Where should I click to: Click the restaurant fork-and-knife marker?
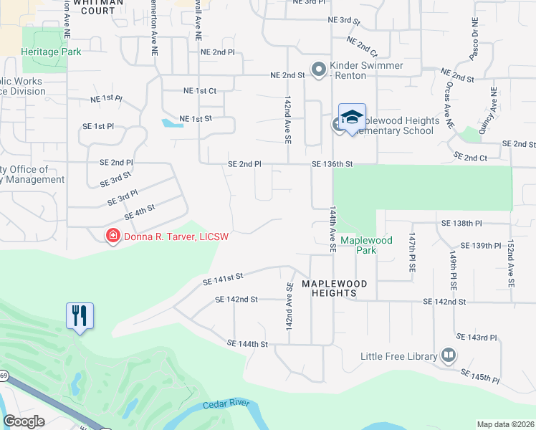(80, 315)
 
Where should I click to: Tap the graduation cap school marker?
(352, 117)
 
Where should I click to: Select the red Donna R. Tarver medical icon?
(113, 236)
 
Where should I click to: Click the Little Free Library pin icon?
(449, 355)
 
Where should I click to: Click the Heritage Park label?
(51, 52)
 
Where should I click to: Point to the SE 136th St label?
(332, 164)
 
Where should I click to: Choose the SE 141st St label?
(224, 277)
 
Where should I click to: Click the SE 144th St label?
(247, 344)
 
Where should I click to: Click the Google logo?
(24, 421)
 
